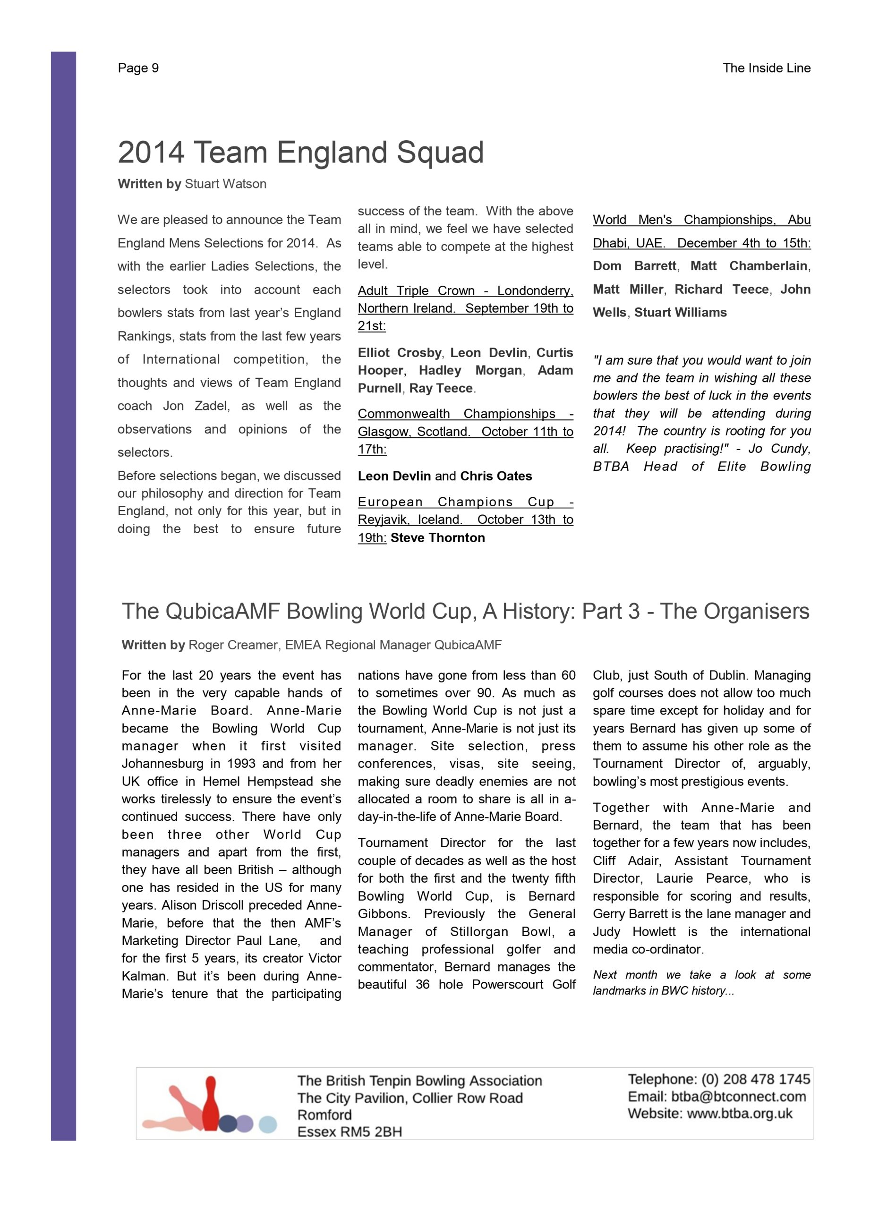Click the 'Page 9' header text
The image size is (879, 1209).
click(138, 68)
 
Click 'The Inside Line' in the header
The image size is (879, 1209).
click(766, 68)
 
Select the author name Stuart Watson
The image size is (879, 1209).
click(225, 184)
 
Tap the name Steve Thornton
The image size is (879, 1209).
click(438, 538)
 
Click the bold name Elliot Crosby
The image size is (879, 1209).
click(399, 353)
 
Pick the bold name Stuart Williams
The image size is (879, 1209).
click(680, 312)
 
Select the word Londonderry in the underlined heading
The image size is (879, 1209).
click(534, 291)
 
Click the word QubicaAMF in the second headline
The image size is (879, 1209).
click(223, 612)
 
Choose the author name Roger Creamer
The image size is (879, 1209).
click(233, 645)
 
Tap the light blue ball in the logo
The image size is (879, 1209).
click(268, 1124)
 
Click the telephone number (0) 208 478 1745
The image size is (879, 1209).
click(755, 1080)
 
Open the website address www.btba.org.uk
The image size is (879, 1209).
click(739, 1114)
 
